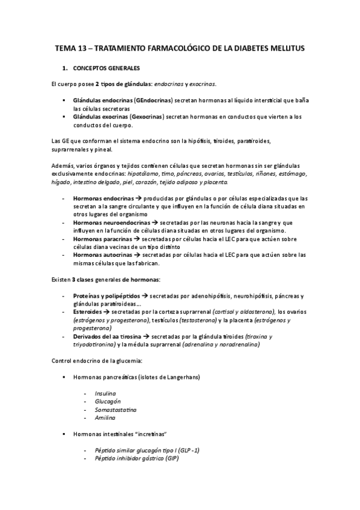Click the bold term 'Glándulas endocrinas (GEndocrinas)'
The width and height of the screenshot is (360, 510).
click(x=123, y=100)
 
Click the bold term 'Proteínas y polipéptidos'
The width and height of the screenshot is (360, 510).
click(x=106, y=296)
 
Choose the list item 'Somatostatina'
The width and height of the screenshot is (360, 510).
click(x=115, y=409)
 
